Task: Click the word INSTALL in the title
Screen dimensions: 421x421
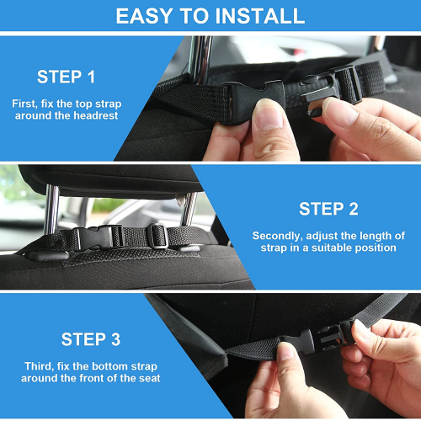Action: click(x=259, y=16)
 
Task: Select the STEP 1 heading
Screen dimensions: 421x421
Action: click(x=67, y=77)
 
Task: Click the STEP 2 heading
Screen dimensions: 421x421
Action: click(x=328, y=209)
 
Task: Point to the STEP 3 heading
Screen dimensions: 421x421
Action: click(x=91, y=339)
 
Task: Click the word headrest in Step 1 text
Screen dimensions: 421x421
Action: click(x=96, y=115)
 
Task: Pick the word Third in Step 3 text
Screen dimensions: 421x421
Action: click(x=39, y=366)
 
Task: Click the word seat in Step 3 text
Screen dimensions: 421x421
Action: click(x=149, y=378)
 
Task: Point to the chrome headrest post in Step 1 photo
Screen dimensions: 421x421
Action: click(x=200, y=60)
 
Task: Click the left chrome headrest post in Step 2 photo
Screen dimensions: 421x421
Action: click(x=51, y=209)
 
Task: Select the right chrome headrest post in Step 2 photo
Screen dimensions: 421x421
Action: click(x=189, y=210)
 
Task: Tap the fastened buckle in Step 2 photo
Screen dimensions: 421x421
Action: click(x=99, y=237)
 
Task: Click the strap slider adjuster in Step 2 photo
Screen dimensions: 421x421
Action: click(x=157, y=236)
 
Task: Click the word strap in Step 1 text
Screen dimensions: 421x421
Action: click(x=108, y=104)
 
